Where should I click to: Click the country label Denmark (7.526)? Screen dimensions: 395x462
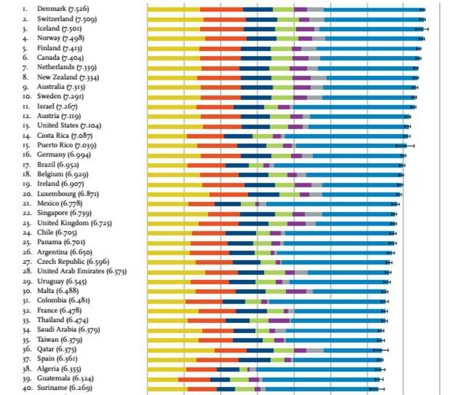tap(63, 9)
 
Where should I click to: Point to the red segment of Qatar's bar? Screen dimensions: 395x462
tap(230, 350)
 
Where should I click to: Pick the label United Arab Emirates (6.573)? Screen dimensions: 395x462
tap(81, 272)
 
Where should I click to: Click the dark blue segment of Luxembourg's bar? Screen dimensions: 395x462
tap(263, 194)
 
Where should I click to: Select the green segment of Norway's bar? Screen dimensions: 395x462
tap(287, 39)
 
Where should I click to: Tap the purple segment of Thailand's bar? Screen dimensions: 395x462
tap(279, 320)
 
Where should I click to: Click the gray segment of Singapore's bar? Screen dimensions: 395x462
tap(314, 214)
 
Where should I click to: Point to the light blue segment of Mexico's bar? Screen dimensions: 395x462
tap(329, 204)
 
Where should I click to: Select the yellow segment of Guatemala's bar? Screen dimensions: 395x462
tap(162, 379)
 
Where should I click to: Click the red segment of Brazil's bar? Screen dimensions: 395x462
tap(206, 165)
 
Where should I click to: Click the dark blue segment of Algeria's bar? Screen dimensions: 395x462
tap(228, 369)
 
